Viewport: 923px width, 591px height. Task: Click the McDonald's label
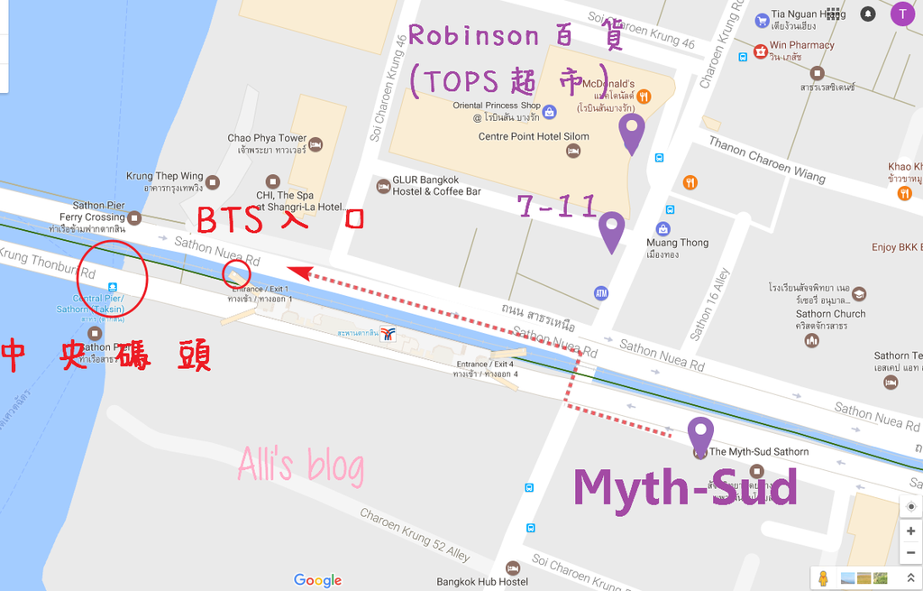614,85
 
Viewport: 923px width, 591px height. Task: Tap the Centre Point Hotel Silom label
534,137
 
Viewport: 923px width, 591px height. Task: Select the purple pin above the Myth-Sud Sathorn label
700,436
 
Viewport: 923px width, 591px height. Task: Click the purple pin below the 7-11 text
612,232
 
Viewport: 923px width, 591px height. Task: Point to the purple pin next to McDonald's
633,134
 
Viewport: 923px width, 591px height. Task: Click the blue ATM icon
601,293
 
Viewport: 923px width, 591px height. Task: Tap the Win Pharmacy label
801,45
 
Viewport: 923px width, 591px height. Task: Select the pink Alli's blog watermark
301,466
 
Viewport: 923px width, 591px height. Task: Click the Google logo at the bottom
317,580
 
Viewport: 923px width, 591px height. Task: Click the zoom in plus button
911,531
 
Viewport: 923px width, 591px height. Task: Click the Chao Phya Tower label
267,138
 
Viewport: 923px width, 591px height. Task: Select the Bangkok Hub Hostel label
482,582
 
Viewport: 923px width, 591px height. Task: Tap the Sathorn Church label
830,314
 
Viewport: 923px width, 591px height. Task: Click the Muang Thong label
677,243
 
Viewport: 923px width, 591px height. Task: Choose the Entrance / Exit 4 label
485,365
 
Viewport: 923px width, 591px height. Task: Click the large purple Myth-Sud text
685,488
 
